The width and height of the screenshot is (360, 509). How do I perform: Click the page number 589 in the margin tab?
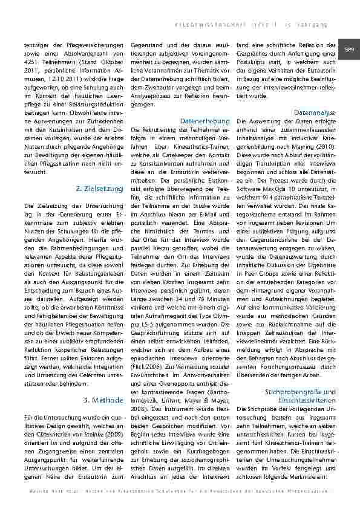tap(350, 50)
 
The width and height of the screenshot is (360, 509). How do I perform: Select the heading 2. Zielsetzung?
tap(100, 189)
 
